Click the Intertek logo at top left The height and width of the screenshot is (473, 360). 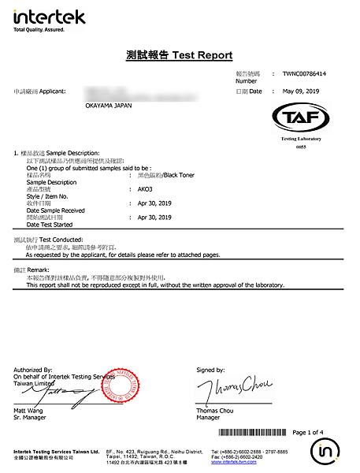click(39, 17)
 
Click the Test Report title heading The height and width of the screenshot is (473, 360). click(180, 55)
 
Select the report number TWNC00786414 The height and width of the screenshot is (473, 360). click(304, 73)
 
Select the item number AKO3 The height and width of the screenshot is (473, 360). click(146, 189)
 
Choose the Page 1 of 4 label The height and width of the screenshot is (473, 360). click(314, 433)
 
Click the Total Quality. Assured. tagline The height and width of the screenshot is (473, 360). click(39, 29)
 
